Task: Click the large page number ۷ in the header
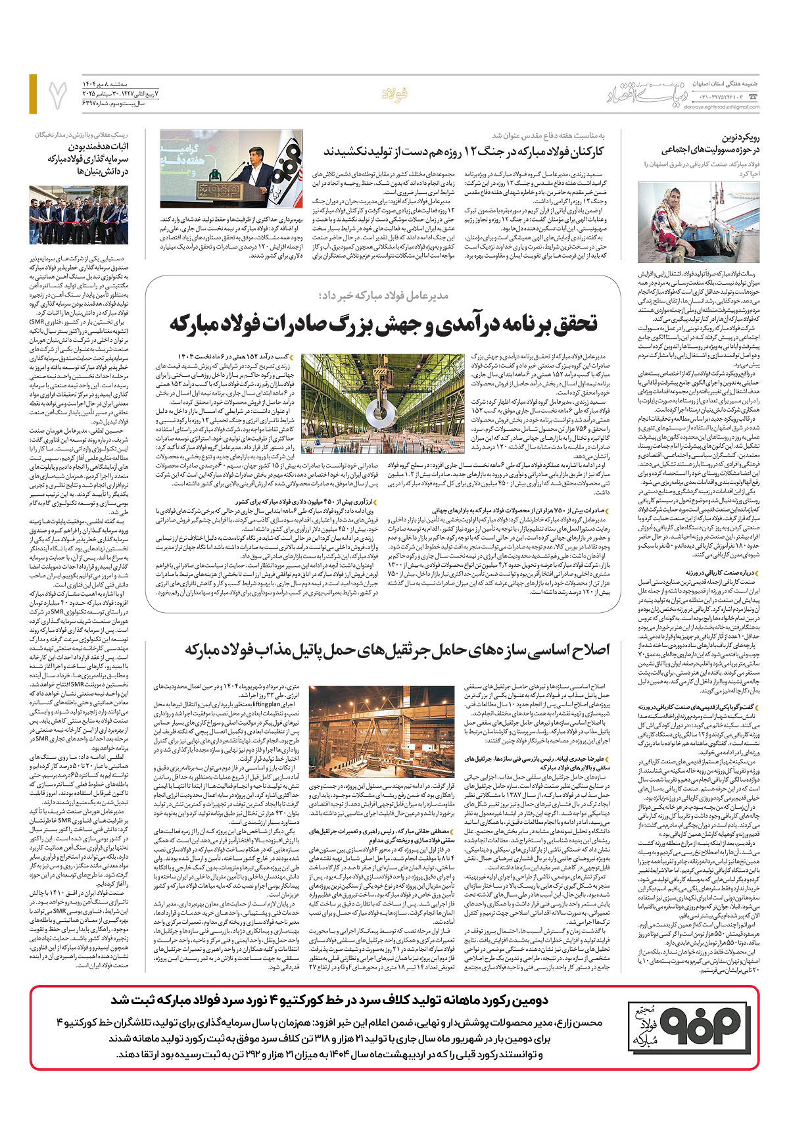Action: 58,94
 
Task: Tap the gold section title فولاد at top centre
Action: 396,94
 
